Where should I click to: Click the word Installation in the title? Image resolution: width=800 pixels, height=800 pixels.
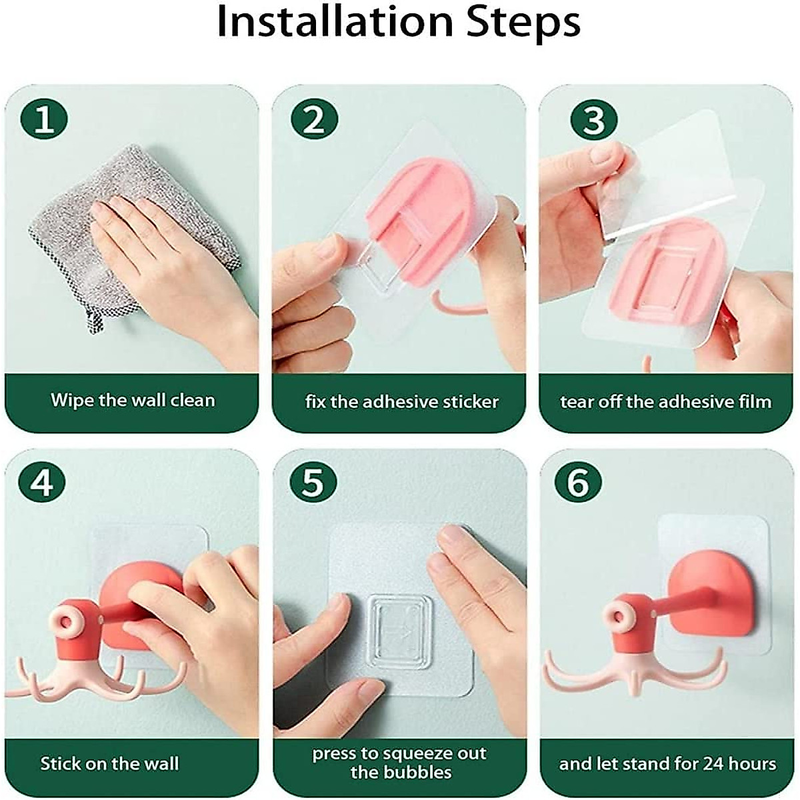pyautogui.click(x=335, y=21)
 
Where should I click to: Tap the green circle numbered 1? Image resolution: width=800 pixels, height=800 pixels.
pyautogui.click(x=44, y=120)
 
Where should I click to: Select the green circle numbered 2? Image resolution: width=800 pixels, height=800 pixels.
pyautogui.click(x=314, y=120)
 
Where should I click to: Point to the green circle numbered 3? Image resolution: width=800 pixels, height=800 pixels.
pyautogui.click(x=594, y=120)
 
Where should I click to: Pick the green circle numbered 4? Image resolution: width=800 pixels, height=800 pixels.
pyautogui.click(x=41, y=483)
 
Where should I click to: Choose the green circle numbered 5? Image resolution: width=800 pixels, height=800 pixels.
pyautogui.click(x=313, y=483)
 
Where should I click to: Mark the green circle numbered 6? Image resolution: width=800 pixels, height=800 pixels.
pyautogui.click(x=578, y=483)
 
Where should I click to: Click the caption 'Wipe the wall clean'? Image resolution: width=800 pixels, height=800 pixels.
pyautogui.click(x=133, y=400)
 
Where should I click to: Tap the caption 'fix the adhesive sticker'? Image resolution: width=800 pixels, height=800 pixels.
pyautogui.click(x=401, y=401)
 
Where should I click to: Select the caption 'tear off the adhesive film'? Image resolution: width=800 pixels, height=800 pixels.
pyautogui.click(x=665, y=401)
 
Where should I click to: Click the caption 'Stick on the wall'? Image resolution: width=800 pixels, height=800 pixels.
pyautogui.click(x=109, y=763)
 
